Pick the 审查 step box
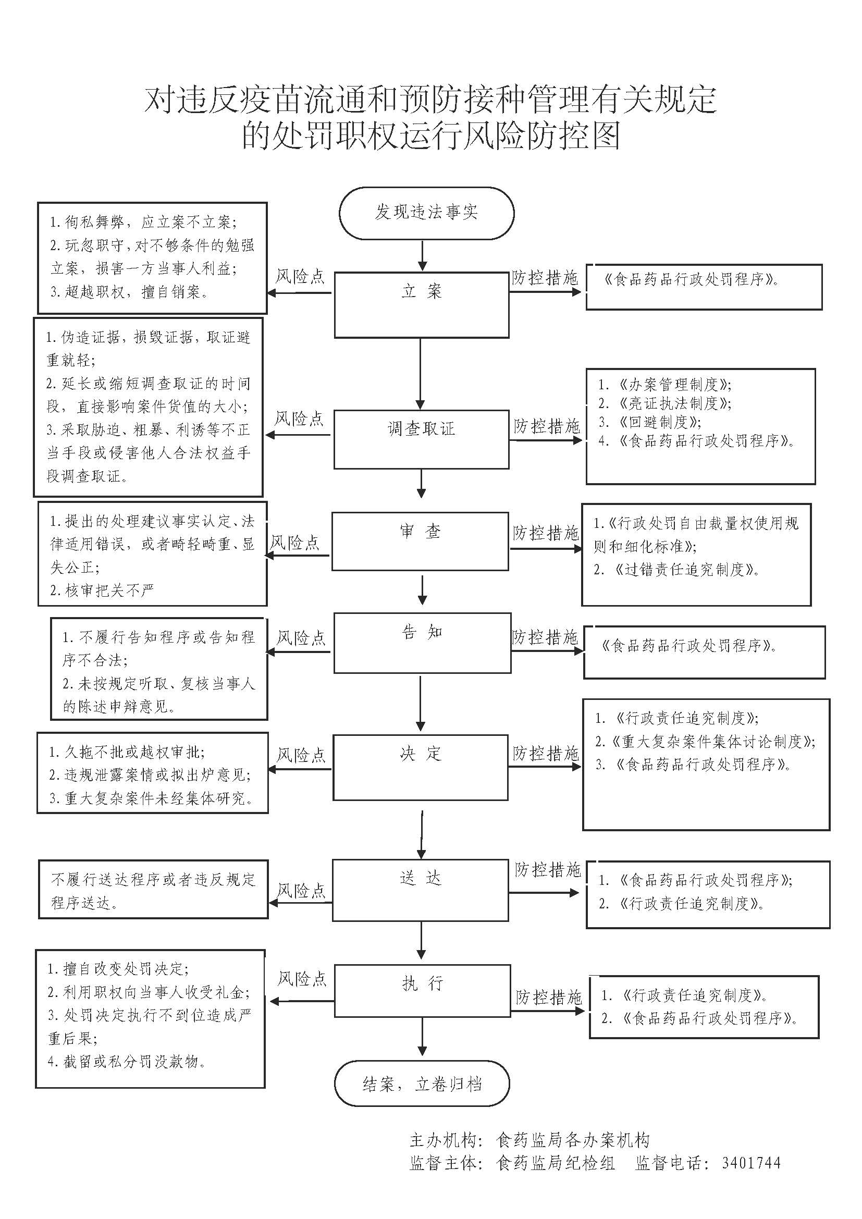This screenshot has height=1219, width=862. (420, 541)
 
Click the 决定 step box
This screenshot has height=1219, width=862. (421, 767)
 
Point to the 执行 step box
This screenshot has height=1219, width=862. (422, 991)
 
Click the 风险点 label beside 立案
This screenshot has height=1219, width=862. (300, 277)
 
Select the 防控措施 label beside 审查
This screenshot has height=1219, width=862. (546, 533)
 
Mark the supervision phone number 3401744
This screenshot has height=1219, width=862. (751, 1164)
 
